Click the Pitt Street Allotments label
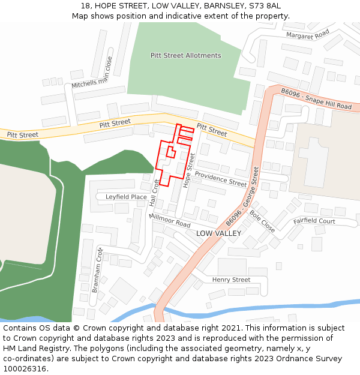(x=185, y=56)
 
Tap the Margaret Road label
(x=308, y=35)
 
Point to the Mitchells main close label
(x=92, y=73)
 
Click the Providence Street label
(x=220, y=178)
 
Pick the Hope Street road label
(x=190, y=170)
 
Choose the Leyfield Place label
(x=126, y=197)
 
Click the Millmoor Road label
(x=170, y=220)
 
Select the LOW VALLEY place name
(x=218, y=233)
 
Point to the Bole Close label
(x=262, y=221)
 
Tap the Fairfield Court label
(x=314, y=221)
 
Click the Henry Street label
(x=231, y=280)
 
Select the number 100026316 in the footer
(x=25, y=369)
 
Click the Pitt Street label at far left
(x=22, y=135)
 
